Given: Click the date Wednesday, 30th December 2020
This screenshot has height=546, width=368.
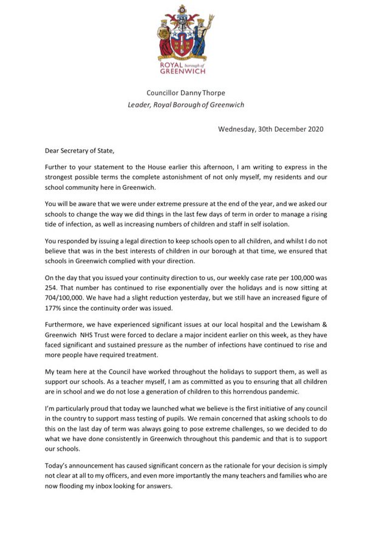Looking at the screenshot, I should click(271, 129).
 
